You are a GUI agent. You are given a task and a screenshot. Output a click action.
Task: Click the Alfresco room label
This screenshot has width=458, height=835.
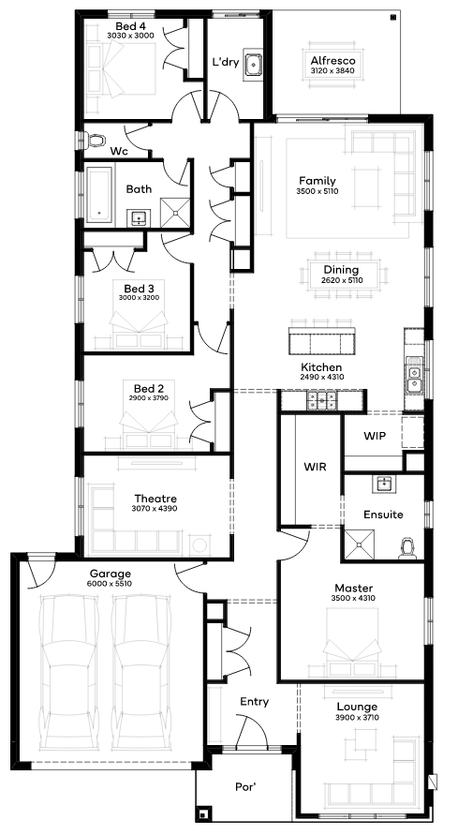(332, 60)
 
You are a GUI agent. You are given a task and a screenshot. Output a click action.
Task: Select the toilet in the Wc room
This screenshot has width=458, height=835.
(96, 141)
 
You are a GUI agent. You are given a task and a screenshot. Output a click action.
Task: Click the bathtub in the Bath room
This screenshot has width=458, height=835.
(99, 194)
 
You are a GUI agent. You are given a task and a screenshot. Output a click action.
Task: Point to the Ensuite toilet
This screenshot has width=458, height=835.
(408, 549)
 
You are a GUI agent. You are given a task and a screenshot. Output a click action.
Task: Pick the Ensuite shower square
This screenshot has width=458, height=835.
(360, 544)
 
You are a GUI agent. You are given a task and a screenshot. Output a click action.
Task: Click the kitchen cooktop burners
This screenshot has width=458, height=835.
(321, 400)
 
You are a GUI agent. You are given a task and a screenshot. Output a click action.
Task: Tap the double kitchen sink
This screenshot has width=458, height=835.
(413, 378)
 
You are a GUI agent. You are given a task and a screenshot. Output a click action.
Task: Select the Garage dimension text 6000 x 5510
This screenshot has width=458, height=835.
(111, 584)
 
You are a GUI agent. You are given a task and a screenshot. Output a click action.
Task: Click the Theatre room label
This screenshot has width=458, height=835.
(155, 499)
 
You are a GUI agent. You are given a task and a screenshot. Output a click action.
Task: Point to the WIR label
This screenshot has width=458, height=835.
(315, 468)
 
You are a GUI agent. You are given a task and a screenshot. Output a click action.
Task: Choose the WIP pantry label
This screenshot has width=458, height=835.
(375, 436)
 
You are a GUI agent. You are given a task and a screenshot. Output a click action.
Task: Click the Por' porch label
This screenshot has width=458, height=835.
(246, 786)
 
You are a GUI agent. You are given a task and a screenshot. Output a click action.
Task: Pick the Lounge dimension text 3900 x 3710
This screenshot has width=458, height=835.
(358, 717)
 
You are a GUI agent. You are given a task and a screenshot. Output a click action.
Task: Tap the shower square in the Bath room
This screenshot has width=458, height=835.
(175, 213)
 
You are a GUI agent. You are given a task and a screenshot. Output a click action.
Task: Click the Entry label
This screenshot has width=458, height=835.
(254, 702)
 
